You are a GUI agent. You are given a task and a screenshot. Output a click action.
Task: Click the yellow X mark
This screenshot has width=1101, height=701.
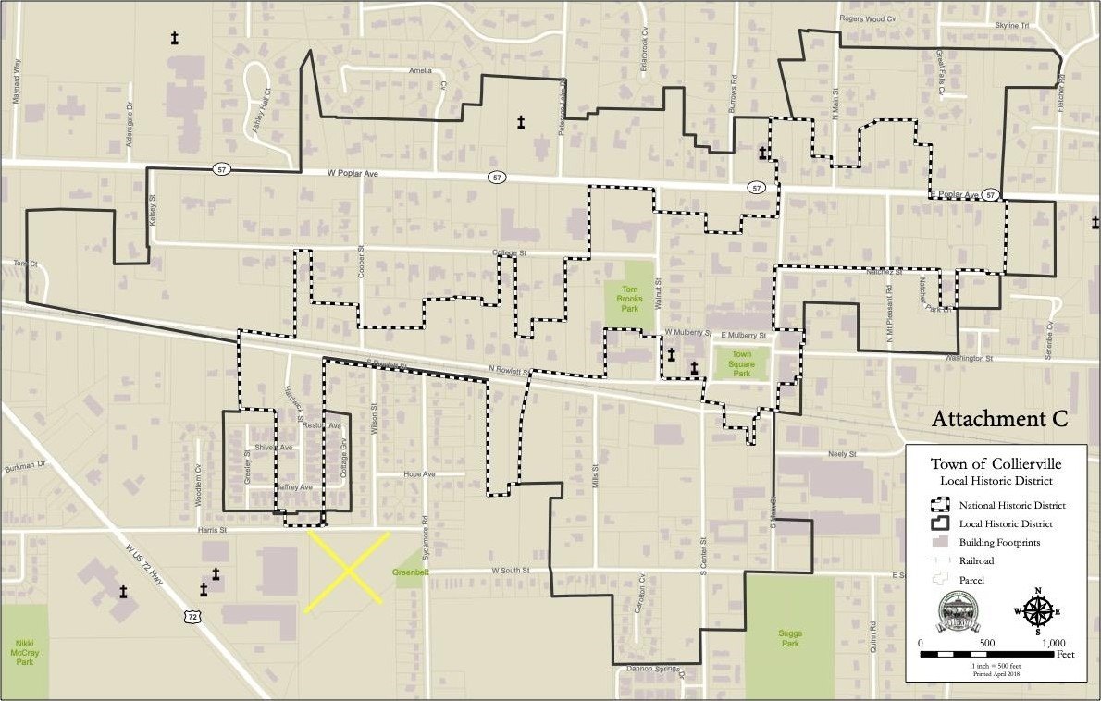[x=348, y=571]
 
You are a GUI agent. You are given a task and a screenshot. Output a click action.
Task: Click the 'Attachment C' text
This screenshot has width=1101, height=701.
[x=999, y=419]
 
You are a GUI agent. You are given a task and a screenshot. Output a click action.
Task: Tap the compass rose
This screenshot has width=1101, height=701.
[x=1038, y=609]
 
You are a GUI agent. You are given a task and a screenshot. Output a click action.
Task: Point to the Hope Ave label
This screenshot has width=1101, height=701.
[x=419, y=473]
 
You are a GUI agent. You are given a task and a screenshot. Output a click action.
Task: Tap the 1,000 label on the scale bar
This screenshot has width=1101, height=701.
[x=1054, y=643]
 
